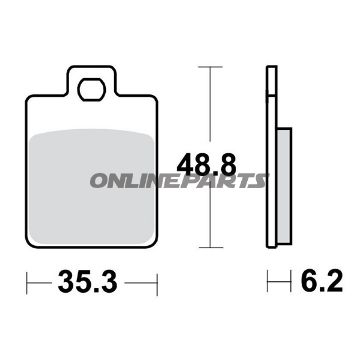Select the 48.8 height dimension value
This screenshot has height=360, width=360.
point(207,162)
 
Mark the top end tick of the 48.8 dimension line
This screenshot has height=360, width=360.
point(209,66)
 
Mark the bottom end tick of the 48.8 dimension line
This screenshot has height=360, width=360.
point(209,248)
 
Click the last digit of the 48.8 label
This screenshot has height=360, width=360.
point(231,162)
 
